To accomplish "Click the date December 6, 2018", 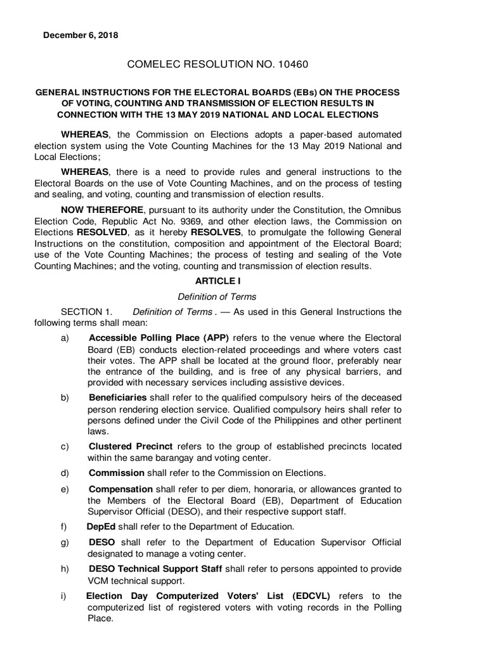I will click(81, 35).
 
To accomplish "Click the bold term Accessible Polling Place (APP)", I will click(159, 338).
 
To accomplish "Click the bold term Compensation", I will click(120, 489).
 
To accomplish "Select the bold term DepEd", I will click(101, 526).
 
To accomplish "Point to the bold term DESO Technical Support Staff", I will click(155, 569).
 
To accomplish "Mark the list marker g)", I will click(65, 543).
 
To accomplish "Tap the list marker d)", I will click(65, 473).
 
